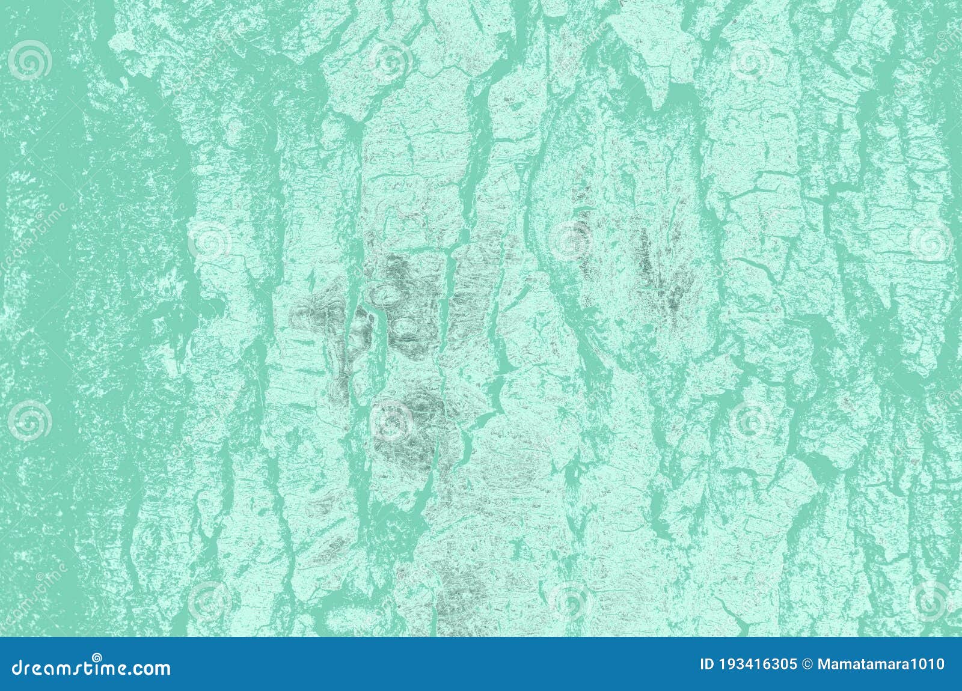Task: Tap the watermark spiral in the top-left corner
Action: [x=29, y=60]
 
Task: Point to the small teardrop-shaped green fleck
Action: [x=312, y=280]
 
